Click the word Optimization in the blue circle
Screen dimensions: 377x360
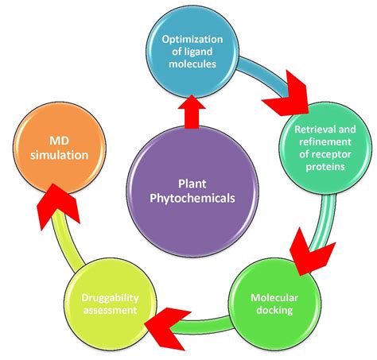(x=192, y=40)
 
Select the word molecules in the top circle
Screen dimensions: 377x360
(x=192, y=64)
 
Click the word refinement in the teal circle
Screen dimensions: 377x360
(x=325, y=141)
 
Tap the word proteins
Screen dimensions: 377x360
(x=325, y=167)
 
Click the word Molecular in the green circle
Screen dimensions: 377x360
(x=274, y=298)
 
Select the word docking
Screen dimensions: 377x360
(x=274, y=310)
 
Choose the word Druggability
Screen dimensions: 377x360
(x=110, y=298)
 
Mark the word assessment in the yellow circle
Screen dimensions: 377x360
(x=110, y=310)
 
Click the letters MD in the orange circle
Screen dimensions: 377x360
(x=59, y=141)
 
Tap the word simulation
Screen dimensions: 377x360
(x=60, y=155)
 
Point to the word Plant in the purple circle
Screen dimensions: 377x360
(x=192, y=184)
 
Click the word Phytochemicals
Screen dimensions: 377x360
(x=192, y=198)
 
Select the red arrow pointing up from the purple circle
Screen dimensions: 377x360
(x=192, y=113)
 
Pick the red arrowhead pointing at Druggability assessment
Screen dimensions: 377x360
(x=167, y=328)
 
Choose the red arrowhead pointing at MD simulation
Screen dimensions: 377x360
(x=57, y=204)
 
